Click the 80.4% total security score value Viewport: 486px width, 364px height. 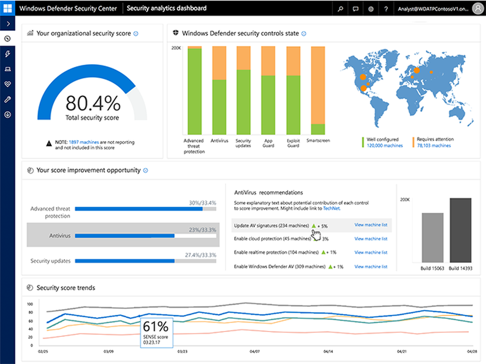pyautogui.click(x=93, y=103)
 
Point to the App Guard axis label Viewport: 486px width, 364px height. pyautogui.click(x=268, y=143)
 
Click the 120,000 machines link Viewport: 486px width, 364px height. pyautogui.click(x=384, y=146)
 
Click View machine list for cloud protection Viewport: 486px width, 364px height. pyautogui.click(x=370, y=239)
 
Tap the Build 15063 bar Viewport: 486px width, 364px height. pyautogui.click(x=432, y=237)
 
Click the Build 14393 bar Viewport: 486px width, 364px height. pyautogui.click(x=460, y=230)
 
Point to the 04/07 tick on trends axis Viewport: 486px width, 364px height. pyautogui.click(x=254, y=352)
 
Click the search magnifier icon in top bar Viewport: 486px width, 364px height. pyautogui.click(x=340, y=8)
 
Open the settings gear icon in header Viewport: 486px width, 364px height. pyautogui.click(x=370, y=8)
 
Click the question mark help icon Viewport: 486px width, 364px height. pyautogui.click(x=386, y=8)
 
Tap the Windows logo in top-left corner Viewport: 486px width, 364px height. pyautogui.click(x=7, y=8)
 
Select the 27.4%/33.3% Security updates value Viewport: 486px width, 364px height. pyautogui.click(x=200, y=255)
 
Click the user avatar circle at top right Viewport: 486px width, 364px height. pyautogui.click(x=478, y=8)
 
